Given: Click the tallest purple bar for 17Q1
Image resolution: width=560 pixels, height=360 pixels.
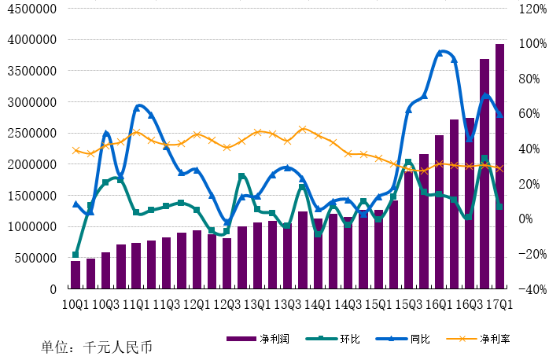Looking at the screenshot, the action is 499,166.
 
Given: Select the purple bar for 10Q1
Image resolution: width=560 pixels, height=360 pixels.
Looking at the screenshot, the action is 76,274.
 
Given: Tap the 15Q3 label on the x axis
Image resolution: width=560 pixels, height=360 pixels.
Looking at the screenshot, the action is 409,305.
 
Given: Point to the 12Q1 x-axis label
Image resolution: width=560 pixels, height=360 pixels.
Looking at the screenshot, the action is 197,305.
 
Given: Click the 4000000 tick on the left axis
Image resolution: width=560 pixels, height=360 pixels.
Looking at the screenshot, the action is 31,39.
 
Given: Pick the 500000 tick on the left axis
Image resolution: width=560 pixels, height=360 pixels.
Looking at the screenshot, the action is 35,258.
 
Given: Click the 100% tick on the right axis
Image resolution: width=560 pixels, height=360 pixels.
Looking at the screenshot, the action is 532,43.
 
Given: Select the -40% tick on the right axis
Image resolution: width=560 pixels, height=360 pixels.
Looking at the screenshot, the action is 532,289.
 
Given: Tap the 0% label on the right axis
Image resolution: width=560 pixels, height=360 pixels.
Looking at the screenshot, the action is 525,219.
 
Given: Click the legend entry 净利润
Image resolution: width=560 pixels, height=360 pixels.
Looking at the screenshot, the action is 258,339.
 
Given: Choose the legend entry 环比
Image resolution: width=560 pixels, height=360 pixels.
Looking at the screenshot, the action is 333,339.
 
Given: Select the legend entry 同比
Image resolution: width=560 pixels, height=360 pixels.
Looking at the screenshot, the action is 403,339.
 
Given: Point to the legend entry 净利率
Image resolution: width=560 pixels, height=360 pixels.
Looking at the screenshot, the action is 478,339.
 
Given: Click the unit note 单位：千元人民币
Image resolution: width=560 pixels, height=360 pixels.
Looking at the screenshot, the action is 97,347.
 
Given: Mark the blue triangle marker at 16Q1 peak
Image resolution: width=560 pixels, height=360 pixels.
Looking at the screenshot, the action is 440,53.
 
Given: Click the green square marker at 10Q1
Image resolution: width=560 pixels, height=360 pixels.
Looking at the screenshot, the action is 76,255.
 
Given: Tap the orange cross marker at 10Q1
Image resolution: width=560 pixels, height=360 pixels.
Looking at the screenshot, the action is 76,151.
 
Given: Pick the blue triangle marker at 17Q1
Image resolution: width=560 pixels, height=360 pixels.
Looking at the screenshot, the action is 499,115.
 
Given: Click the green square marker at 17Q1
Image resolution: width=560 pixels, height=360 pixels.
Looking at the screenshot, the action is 499,207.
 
